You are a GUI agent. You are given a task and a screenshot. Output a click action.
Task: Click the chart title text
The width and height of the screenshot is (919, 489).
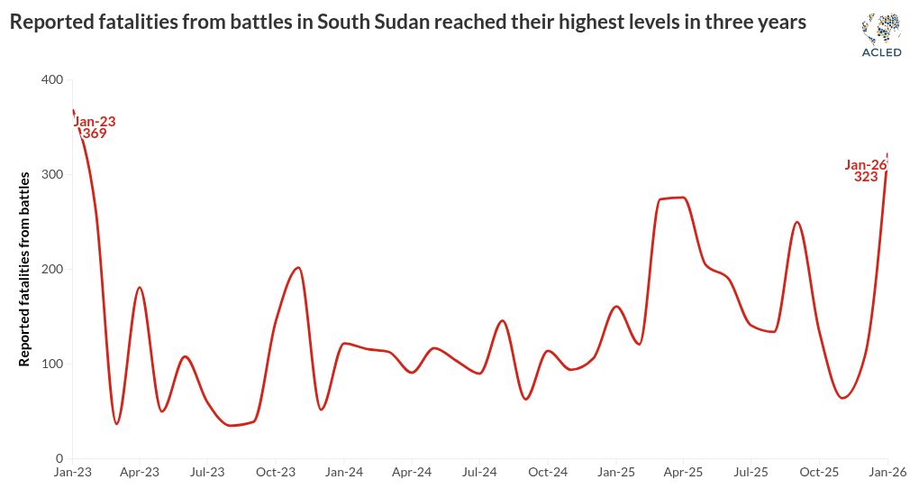407,23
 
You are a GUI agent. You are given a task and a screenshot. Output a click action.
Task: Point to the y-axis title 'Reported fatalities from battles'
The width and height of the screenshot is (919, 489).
25,268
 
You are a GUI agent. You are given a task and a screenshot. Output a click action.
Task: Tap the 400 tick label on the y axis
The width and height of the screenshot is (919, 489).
52,80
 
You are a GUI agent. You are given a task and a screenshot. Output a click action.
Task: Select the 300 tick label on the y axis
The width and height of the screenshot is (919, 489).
52,175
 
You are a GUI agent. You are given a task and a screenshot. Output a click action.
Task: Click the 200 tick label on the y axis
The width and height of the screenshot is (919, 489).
52,270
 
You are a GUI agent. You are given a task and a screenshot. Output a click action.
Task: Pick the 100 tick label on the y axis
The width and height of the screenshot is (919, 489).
52,364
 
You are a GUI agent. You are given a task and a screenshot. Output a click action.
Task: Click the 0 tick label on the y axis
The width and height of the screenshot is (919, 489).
59,459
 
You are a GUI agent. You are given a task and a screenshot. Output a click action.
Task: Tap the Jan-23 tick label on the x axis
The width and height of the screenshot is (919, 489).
72,473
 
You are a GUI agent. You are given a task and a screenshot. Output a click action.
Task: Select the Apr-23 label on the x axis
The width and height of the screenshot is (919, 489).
140,473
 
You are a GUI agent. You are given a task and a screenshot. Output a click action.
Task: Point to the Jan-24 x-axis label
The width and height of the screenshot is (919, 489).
344,473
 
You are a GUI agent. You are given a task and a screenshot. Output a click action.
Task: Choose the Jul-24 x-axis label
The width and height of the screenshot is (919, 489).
479,473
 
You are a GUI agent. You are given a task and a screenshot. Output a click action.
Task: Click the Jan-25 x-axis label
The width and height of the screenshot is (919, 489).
616,473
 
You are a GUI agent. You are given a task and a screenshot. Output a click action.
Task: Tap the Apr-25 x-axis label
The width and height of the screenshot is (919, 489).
684,473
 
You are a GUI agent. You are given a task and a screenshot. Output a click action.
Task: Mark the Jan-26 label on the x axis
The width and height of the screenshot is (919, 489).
887,473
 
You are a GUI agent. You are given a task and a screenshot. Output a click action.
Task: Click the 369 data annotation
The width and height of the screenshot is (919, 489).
94,134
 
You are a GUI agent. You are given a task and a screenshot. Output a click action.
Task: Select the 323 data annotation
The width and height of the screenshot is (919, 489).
866,178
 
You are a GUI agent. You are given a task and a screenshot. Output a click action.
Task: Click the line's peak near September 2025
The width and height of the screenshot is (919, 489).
796,222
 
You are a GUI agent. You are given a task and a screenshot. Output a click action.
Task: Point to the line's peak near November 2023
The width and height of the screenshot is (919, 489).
298,267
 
